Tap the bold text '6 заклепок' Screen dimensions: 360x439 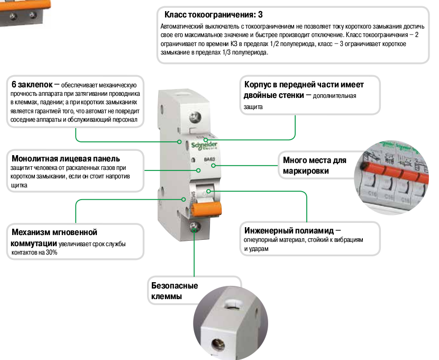[32, 84]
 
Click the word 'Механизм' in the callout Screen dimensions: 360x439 [35, 232]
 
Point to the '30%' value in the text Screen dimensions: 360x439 [52, 253]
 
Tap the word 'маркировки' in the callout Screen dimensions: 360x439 [306, 170]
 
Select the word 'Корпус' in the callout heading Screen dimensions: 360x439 [259, 84]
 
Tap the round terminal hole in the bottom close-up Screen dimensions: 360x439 [218, 347]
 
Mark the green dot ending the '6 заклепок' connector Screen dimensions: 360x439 [184, 141]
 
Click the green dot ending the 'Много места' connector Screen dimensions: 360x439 [213, 165]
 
